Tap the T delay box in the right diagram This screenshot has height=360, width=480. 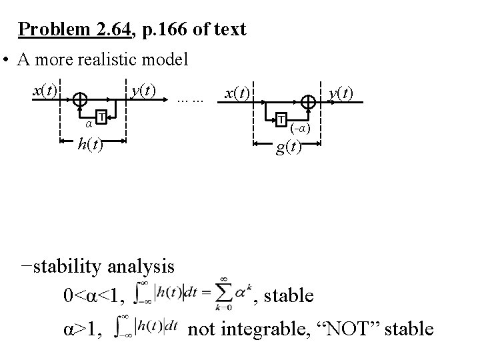click(282, 119)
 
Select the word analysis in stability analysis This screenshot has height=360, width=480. click(139, 267)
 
